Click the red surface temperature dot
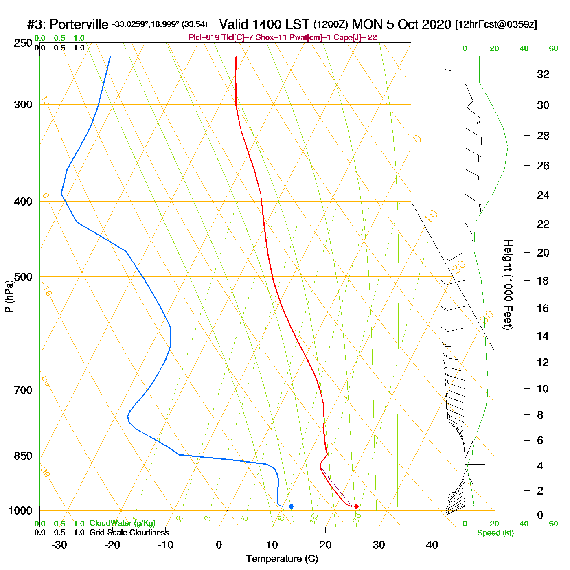click(x=356, y=506)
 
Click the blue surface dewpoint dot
click(x=291, y=506)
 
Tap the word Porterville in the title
click(x=79, y=24)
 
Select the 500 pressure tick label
click(x=23, y=277)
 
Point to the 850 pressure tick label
click(x=23, y=456)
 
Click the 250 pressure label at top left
click(x=23, y=43)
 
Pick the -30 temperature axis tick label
click(x=59, y=545)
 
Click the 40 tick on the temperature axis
click(x=432, y=545)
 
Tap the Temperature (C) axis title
click(x=282, y=559)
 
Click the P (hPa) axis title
click(x=9, y=296)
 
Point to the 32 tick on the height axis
click(x=543, y=74)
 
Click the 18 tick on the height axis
click(x=543, y=281)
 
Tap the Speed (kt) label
click(x=495, y=533)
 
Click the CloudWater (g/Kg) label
click(x=122, y=523)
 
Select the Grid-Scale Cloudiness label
click(x=129, y=533)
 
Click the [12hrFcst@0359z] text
click(x=496, y=24)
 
